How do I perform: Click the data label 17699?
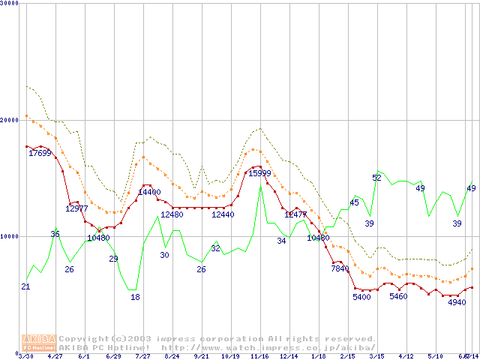pos(40,154)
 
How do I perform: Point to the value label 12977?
pos(76,208)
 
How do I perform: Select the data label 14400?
pos(149,193)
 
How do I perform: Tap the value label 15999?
pos(259,173)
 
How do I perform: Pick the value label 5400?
pos(361,298)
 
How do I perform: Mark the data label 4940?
pos(457,302)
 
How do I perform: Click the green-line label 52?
pos(376,178)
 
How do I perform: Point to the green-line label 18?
pos(135,297)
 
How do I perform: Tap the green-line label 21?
pos(25,287)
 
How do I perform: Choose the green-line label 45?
pos(354,202)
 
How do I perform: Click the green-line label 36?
pos(55,235)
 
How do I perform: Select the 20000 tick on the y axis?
pos(9,120)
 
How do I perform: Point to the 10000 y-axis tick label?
pos(9,236)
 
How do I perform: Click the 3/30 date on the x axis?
pos(25,356)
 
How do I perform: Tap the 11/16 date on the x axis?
pos(259,356)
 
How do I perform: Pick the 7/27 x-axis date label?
pos(142,356)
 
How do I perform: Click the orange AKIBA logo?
pos(38,342)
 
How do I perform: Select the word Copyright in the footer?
pos(87,339)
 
